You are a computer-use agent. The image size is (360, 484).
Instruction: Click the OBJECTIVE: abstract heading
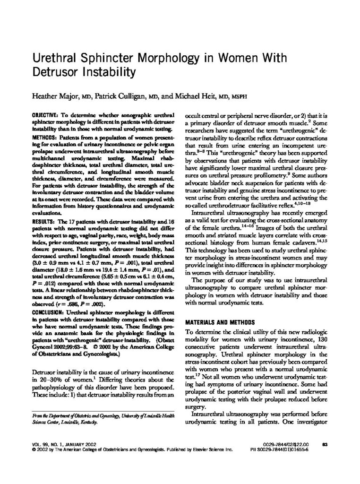click(46, 115)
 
